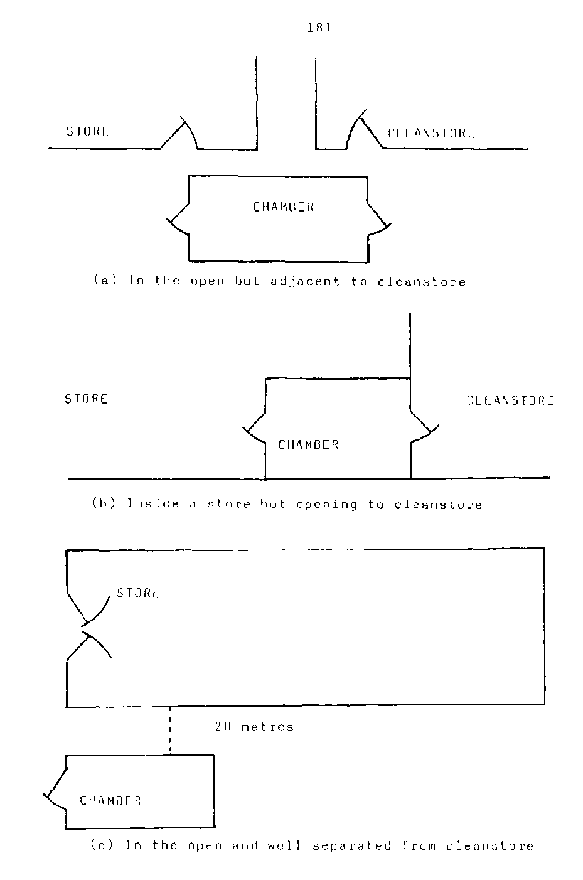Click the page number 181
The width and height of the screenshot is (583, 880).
coord(319,28)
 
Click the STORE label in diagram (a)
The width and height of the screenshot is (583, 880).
coord(87,132)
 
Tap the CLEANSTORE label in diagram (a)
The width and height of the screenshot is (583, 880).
coord(431,133)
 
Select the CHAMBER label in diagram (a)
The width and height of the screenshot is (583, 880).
coord(283,207)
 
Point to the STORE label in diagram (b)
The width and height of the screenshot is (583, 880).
coord(86,399)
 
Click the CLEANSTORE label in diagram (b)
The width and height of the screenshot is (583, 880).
coord(510,400)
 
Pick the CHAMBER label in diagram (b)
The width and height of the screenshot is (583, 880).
coord(308,445)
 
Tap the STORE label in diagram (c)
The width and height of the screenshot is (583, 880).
coord(138,593)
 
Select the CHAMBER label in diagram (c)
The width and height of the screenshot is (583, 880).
coord(110,800)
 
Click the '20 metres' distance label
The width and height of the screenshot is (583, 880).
coord(254,727)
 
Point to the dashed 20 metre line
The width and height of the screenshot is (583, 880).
coord(170,731)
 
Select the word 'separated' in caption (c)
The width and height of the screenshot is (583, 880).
coord(352,846)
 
